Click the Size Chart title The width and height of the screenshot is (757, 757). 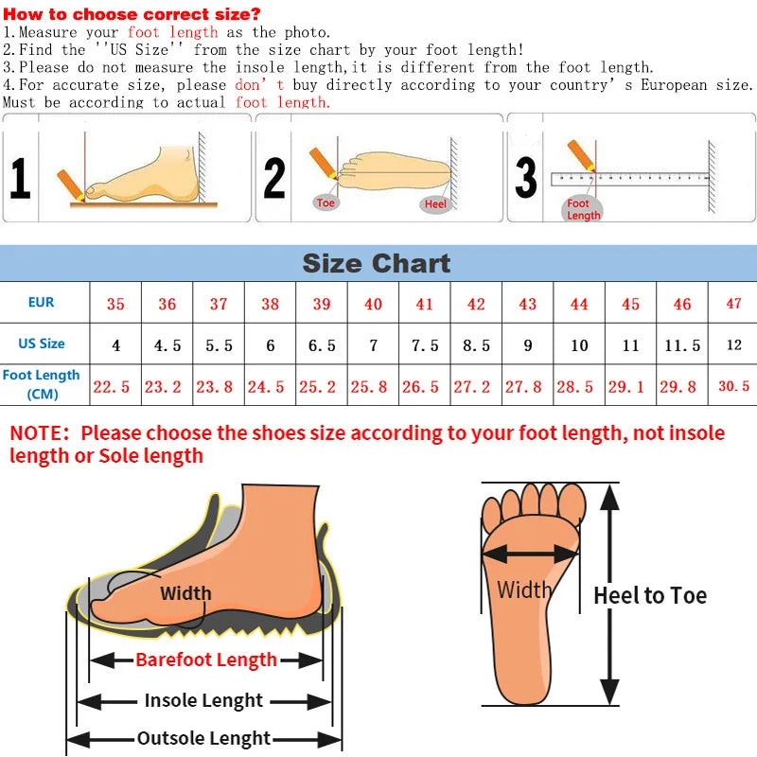pyautogui.click(x=377, y=263)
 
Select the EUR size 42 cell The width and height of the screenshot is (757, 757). pyautogui.click(x=476, y=304)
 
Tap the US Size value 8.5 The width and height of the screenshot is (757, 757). pyautogui.click(x=476, y=345)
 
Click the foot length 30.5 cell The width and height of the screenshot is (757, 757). pyautogui.click(x=733, y=386)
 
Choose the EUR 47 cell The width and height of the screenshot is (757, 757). pyautogui.click(x=733, y=304)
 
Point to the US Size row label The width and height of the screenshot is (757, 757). pyautogui.click(x=42, y=343)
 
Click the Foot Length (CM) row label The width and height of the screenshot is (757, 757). pyautogui.click(x=42, y=384)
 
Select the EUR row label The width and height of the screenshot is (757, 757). pyautogui.click(x=42, y=303)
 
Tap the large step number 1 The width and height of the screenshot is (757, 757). pyautogui.click(x=20, y=178)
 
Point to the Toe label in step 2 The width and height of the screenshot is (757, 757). pyautogui.click(x=326, y=203)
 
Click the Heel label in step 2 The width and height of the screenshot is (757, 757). pyautogui.click(x=435, y=204)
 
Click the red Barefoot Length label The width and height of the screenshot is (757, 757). pyautogui.click(x=206, y=660)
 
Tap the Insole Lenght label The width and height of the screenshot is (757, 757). pyautogui.click(x=203, y=701)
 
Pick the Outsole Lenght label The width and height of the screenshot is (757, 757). pyautogui.click(x=203, y=739)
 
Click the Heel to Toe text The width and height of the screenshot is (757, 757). pyautogui.click(x=650, y=595)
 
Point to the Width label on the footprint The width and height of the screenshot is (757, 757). pyautogui.click(x=524, y=590)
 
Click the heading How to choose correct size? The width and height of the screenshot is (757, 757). pyautogui.click(x=132, y=14)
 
